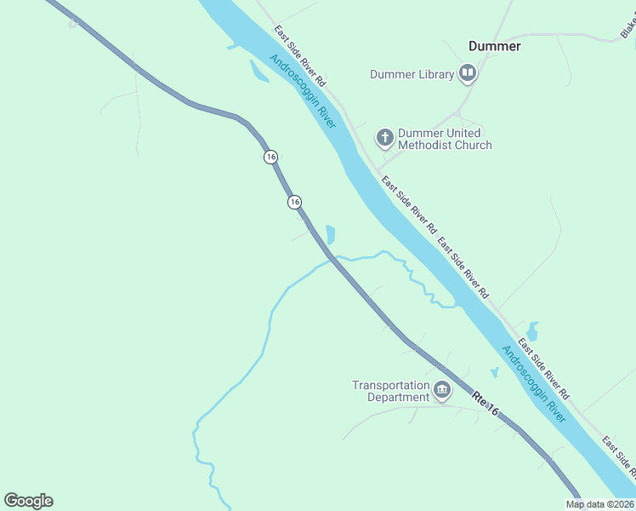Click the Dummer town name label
tap(494, 46)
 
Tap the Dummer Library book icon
tap(467, 74)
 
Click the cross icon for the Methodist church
tap(384, 136)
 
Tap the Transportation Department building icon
tap(442, 391)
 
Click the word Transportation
tap(391, 385)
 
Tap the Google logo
tap(28, 501)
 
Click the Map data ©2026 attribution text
tap(599, 504)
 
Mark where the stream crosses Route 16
tap(333, 258)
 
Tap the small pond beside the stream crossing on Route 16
tap(331, 234)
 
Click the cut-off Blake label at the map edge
tap(627, 28)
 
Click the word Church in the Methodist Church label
tap(474, 145)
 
